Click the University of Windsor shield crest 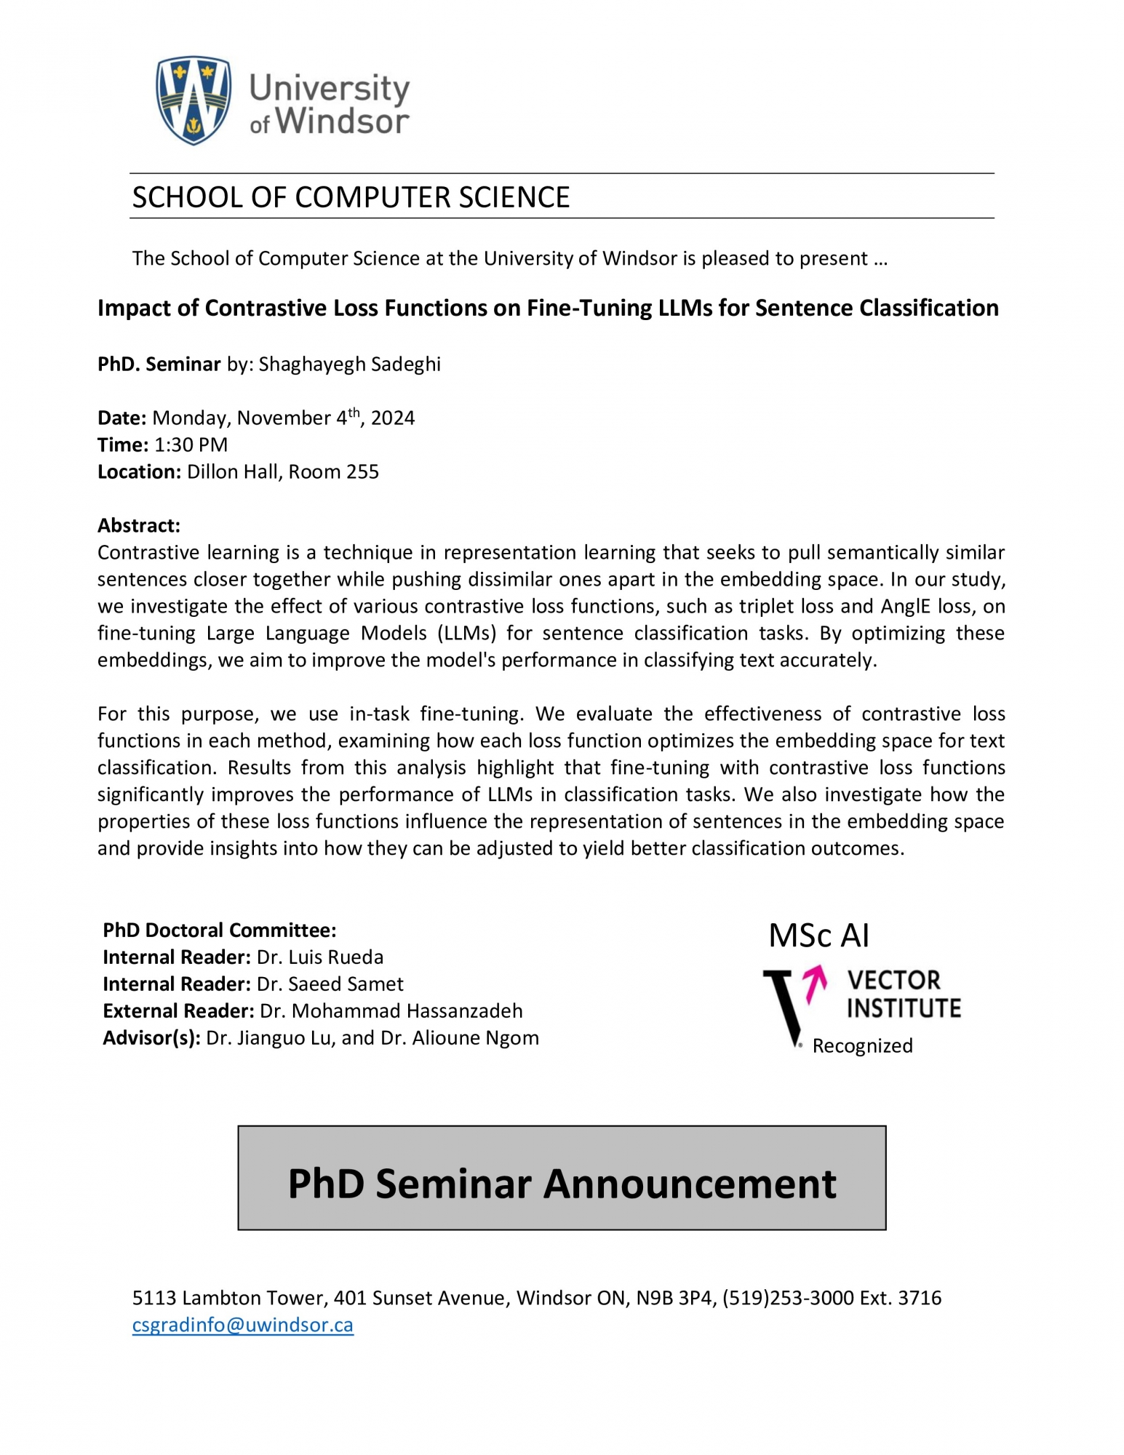pos(194,100)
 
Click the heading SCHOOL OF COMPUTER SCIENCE pos(351,198)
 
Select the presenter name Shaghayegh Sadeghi pos(349,364)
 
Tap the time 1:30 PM pos(191,445)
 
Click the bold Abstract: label pos(138,525)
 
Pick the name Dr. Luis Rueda pos(319,957)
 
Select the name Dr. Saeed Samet pos(330,984)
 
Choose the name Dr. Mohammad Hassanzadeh pos(391,1010)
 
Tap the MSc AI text pos(818,936)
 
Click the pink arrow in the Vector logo pos(816,984)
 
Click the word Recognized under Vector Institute pos(862,1045)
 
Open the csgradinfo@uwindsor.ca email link pos(242,1325)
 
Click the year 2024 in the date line pos(393,418)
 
